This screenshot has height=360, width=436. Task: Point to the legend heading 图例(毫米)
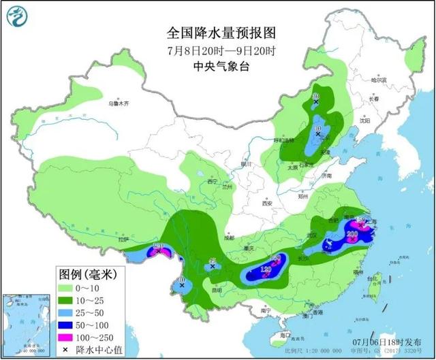pyautogui.click(x=85, y=275)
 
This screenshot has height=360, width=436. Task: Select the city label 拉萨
pyautogui.click(x=123, y=240)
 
